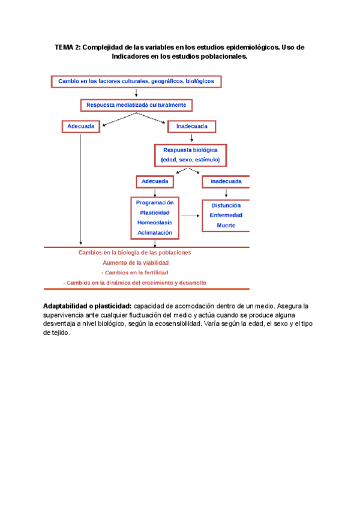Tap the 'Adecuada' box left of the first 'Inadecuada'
tap(80, 127)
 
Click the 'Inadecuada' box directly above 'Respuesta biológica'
tap(191, 127)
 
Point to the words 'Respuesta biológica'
tap(190, 149)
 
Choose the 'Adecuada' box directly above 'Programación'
tap(155, 181)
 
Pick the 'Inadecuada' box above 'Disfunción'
tap(226, 181)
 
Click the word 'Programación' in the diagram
tap(155, 203)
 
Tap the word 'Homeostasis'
tap(155, 223)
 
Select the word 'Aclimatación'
tap(155, 232)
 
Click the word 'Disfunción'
tap(226, 205)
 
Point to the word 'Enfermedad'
tap(226, 215)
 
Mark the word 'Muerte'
tap(226, 225)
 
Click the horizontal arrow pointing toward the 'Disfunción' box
tap(190, 215)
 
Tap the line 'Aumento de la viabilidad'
tap(136, 262)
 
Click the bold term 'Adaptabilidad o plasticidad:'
tap(88, 306)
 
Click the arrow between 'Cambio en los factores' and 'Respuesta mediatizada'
tap(137, 92)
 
